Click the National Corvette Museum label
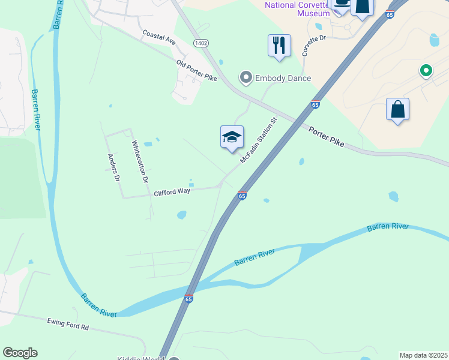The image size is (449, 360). pos(298,8)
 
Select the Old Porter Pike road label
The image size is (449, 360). pos(196,70)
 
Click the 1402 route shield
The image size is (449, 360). pos(200,43)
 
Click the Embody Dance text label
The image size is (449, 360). pos(283,78)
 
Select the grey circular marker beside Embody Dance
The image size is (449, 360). pos(246,77)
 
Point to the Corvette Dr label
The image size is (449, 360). pos(313,46)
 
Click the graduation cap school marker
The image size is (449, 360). pos(232,137)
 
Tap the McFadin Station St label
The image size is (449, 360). pos(258,140)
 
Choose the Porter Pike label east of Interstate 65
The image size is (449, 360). pos(327,137)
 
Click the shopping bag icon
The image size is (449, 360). pos(397,110)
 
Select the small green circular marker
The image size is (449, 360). pos(426,71)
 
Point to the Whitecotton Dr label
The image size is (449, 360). pos(139,161)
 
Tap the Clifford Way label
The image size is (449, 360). pos(172,192)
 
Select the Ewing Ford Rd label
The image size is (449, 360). pos(68,324)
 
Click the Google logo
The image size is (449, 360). pos(20,353)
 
